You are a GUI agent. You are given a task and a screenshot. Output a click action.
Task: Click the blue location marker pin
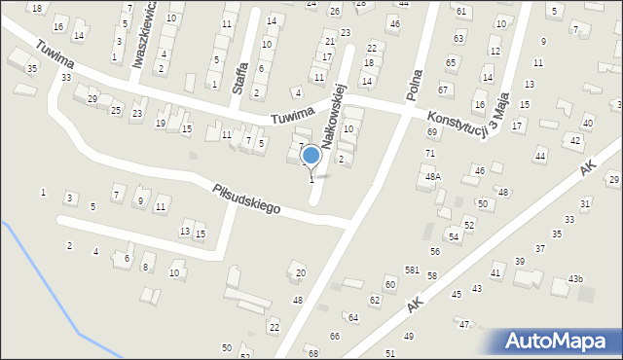click(x=311, y=156)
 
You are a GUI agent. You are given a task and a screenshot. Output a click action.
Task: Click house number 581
click(x=413, y=270)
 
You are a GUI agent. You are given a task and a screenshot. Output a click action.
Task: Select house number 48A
click(x=432, y=176)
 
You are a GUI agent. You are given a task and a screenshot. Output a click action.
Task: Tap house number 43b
click(x=576, y=279)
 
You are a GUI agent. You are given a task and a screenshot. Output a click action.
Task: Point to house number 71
click(x=429, y=154)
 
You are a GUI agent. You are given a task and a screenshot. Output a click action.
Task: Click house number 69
click(x=431, y=131)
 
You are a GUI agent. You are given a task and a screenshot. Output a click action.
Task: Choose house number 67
click(x=443, y=90)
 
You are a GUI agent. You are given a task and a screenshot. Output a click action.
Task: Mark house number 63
click(x=458, y=38)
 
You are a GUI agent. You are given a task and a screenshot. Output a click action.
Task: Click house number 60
click(x=389, y=283)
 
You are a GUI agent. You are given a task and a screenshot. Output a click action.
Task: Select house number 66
click(x=334, y=336)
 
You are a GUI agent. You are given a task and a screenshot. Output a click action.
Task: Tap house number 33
click(x=65, y=77)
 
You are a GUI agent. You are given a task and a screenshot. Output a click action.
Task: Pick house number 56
click(x=434, y=251)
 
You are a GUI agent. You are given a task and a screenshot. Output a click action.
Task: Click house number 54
click(x=453, y=236)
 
